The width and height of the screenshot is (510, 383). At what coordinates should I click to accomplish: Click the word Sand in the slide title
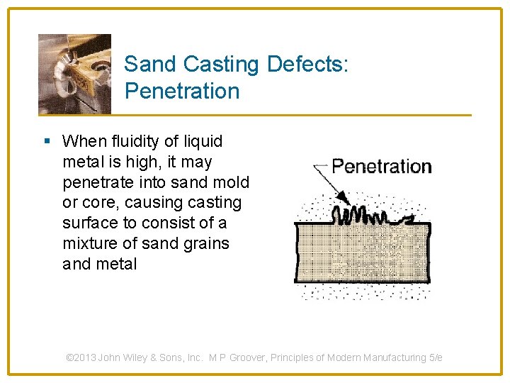149,65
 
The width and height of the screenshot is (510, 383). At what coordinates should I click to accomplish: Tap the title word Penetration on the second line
182,91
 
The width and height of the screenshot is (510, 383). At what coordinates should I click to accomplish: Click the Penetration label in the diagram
381,167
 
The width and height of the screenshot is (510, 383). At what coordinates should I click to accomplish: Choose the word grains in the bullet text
205,243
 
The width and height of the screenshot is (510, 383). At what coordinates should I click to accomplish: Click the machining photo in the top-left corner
74,74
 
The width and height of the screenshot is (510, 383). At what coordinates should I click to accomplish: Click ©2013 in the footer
81,358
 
